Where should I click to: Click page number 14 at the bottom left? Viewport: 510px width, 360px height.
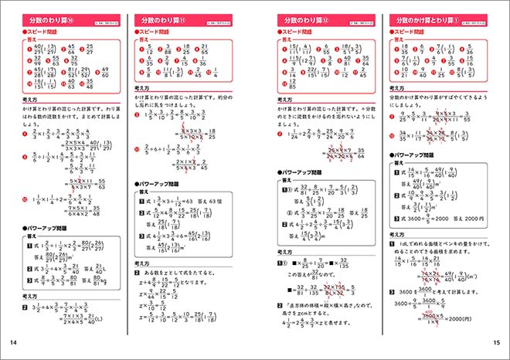point(13,343)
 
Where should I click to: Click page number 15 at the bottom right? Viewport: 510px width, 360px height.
point(495,343)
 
